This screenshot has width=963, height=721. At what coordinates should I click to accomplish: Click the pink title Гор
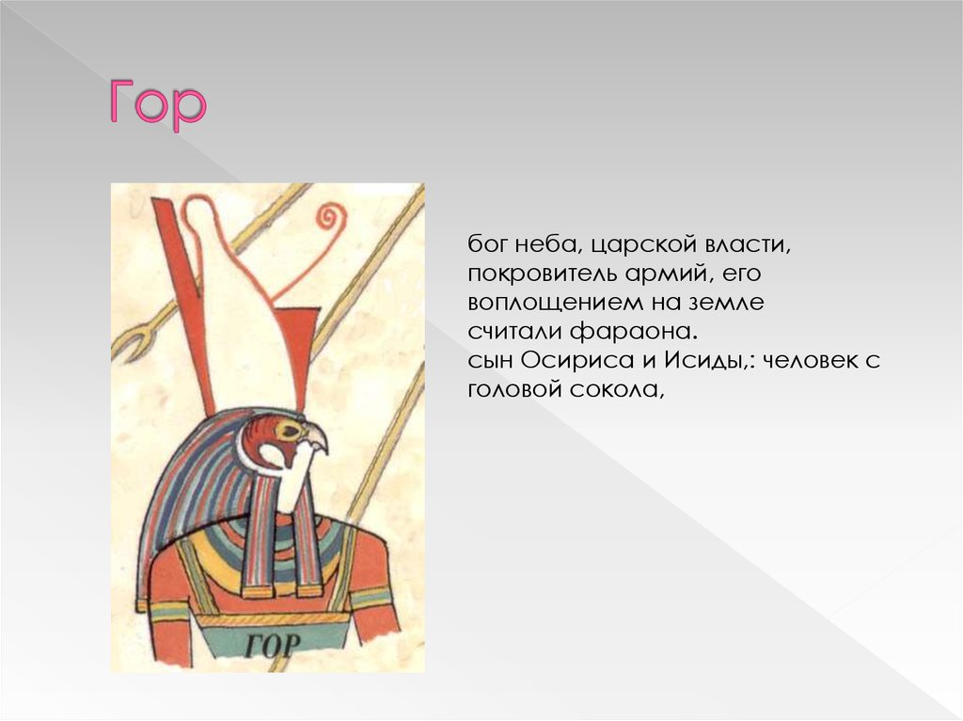[157, 105]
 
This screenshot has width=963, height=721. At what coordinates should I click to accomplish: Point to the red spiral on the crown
[330, 217]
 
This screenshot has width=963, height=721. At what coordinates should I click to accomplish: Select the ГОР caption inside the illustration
[273, 644]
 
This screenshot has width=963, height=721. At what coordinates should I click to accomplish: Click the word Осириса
[576, 360]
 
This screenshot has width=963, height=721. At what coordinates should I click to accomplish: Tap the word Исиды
[704, 360]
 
